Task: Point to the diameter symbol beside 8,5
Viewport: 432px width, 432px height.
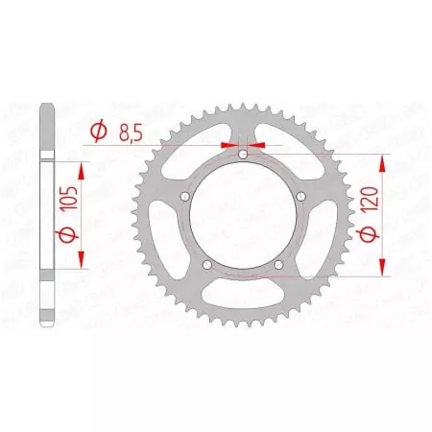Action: (x=98, y=132)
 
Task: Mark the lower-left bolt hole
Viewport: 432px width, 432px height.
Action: (x=207, y=266)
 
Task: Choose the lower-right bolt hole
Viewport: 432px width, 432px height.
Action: (x=280, y=266)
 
